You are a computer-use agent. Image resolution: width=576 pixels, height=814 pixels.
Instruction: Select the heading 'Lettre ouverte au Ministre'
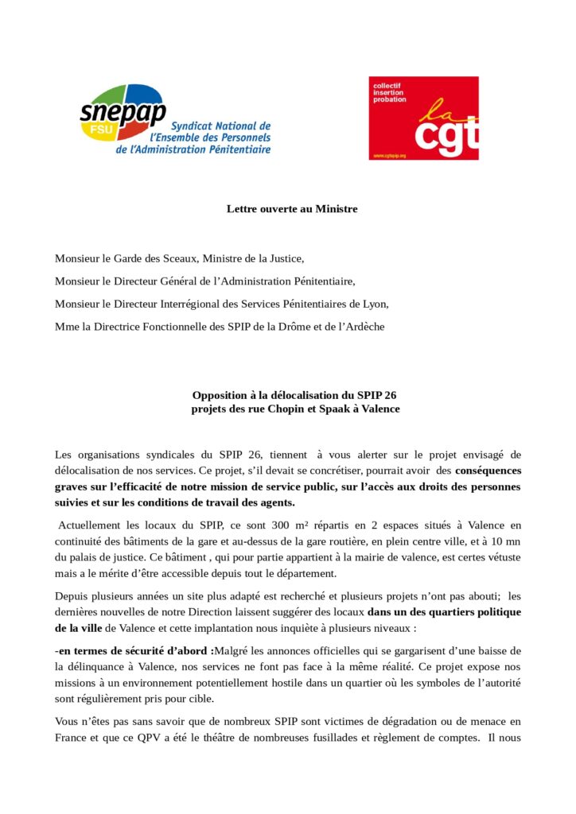pyautogui.click(x=292, y=209)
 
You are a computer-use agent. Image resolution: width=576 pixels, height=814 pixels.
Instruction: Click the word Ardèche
pyautogui.click(x=363, y=327)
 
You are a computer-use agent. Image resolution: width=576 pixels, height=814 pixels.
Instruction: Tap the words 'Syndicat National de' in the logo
pyautogui.click(x=221, y=126)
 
